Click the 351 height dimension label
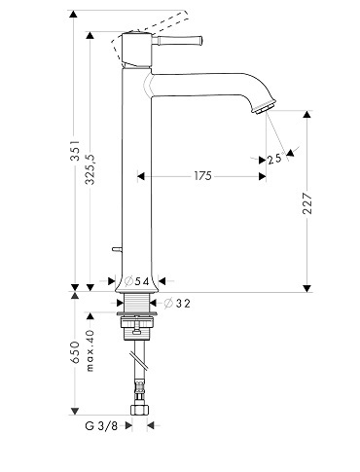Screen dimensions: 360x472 tap(75, 151)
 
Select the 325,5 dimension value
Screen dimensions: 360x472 tap(90, 169)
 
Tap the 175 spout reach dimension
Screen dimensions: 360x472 tap(203, 176)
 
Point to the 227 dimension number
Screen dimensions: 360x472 tap(306, 203)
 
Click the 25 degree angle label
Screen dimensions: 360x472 tap(274, 159)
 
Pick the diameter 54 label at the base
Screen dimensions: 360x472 tap(137, 281)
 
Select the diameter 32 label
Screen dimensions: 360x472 tap(177, 304)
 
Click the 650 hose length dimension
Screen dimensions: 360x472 tap(75, 352)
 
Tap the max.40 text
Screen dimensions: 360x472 tap(90, 350)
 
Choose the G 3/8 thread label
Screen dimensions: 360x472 tap(101, 425)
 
